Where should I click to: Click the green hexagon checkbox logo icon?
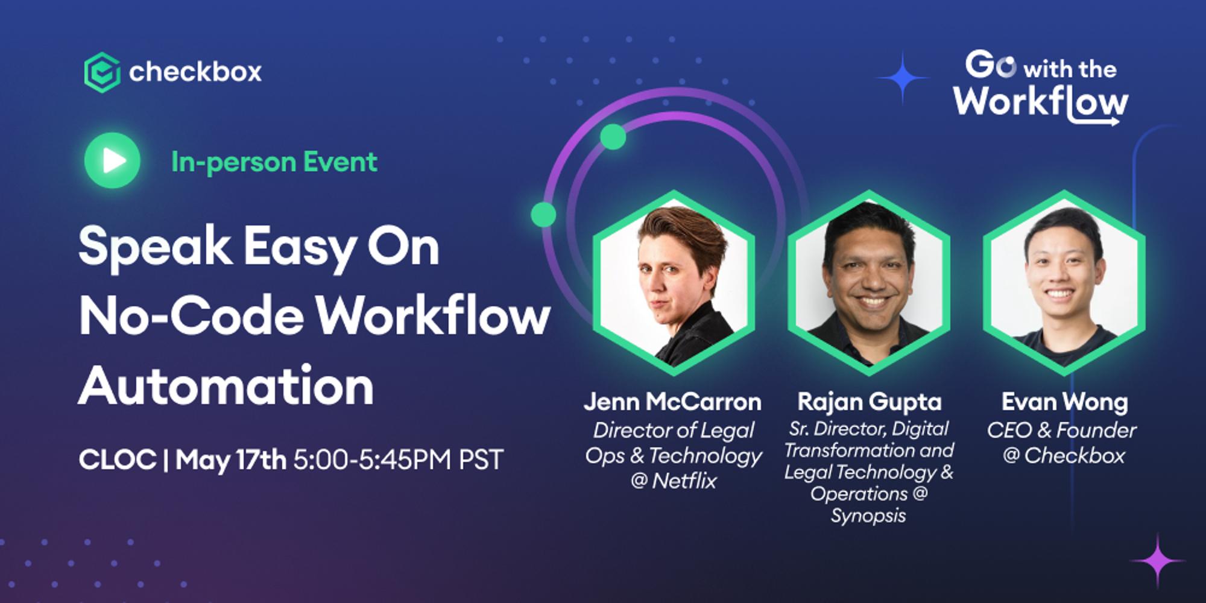(102, 72)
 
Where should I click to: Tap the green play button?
(113, 160)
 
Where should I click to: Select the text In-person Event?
(274, 162)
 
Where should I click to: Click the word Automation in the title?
(226, 387)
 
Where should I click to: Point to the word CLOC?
(118, 460)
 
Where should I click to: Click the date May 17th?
(231, 460)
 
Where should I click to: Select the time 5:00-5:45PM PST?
(398, 460)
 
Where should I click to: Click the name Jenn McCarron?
(672, 402)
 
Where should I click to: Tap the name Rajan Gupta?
(869, 402)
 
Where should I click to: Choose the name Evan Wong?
(1064, 402)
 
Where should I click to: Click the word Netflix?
(684, 481)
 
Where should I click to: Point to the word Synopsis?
(868, 516)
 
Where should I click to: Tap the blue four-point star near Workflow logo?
(902, 78)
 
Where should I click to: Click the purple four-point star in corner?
(1157, 561)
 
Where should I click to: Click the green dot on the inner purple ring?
(613, 137)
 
